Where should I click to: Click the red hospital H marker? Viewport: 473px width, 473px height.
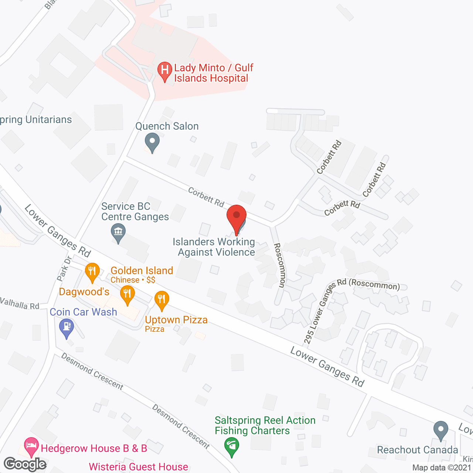pyautogui.click(x=164, y=70)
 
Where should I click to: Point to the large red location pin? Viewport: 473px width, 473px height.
pyautogui.click(x=236, y=218)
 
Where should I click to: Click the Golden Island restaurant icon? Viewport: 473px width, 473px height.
pyautogui.click(x=92, y=272)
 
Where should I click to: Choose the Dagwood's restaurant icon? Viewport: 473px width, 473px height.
pyautogui.click(x=127, y=295)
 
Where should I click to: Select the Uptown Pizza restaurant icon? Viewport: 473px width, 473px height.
pyautogui.click(x=161, y=300)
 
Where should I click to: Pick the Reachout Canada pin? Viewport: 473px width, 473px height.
pyautogui.click(x=440, y=431)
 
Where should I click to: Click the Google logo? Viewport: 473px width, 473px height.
pyautogui.click(x=25, y=464)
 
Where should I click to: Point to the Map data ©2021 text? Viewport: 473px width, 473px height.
pyautogui.click(x=442, y=467)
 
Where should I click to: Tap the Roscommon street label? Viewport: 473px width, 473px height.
pyautogui.click(x=280, y=265)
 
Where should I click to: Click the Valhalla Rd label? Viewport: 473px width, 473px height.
pyautogui.click(x=20, y=304)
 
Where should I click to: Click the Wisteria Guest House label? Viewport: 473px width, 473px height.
pyautogui.click(x=139, y=467)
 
